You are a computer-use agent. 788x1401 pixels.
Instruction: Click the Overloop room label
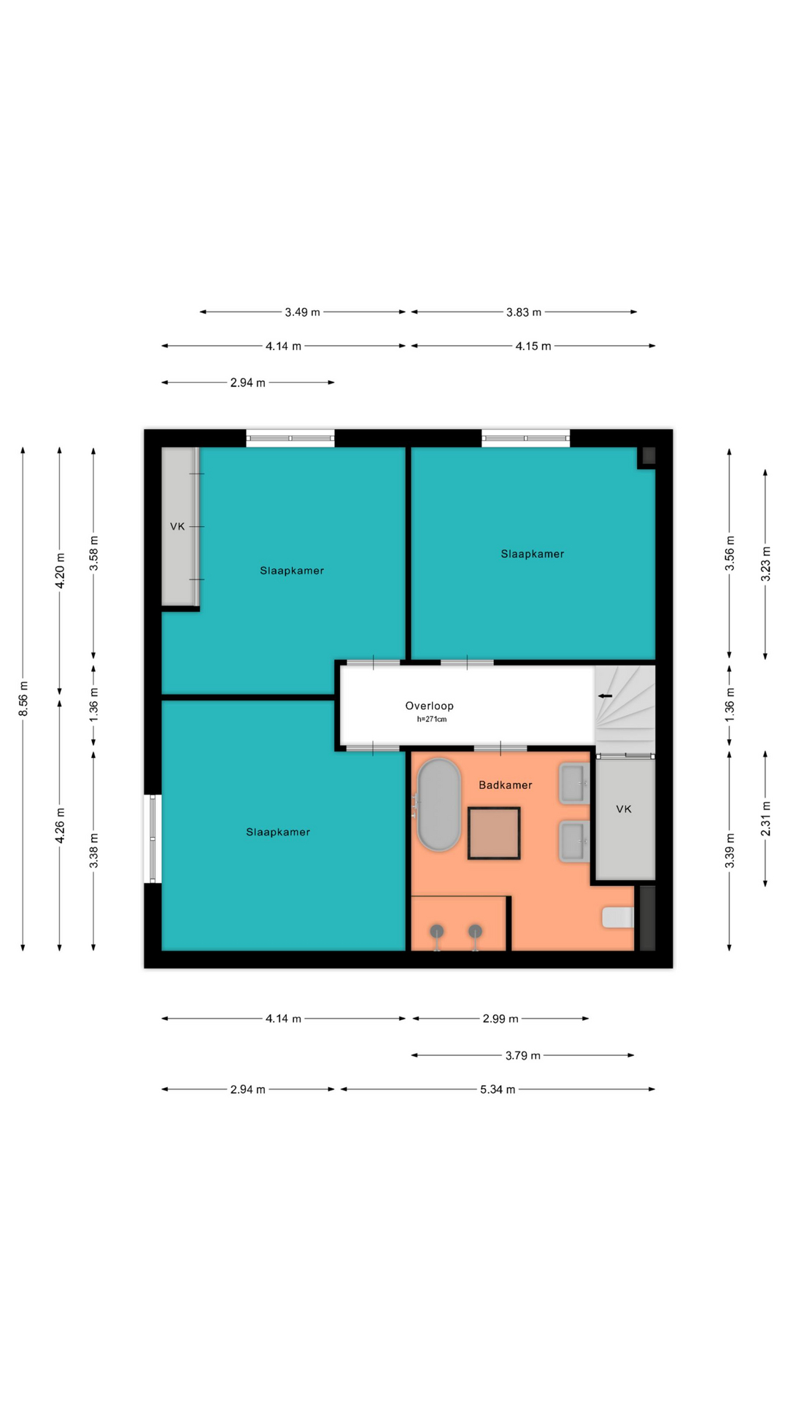[429, 706]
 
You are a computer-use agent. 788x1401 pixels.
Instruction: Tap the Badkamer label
[505, 785]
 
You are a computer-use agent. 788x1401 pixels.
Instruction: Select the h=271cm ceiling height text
[431, 719]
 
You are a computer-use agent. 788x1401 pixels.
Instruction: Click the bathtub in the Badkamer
[438, 805]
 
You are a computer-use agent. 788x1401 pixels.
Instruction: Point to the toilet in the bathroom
[617, 917]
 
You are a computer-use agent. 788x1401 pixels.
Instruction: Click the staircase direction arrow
[605, 696]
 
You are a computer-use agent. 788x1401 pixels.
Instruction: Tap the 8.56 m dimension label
[23, 698]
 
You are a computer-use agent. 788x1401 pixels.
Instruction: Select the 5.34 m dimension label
[498, 1089]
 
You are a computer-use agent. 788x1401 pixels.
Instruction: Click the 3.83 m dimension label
[524, 312]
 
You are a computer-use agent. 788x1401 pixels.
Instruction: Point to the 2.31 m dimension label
[765, 819]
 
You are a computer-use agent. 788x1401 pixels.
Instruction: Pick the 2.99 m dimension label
[501, 1019]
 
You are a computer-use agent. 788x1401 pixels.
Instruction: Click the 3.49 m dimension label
[302, 312]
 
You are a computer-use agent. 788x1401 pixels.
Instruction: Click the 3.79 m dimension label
[523, 1055]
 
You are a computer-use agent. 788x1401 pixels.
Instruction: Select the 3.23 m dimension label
[765, 564]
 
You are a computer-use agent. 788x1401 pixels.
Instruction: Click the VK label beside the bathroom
[624, 809]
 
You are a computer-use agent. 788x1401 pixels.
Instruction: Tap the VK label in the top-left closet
[177, 526]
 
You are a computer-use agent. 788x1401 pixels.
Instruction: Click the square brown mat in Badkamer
[494, 833]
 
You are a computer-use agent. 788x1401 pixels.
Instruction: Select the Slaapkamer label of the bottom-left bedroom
[278, 832]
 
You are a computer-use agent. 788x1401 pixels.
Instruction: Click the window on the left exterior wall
[152, 838]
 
